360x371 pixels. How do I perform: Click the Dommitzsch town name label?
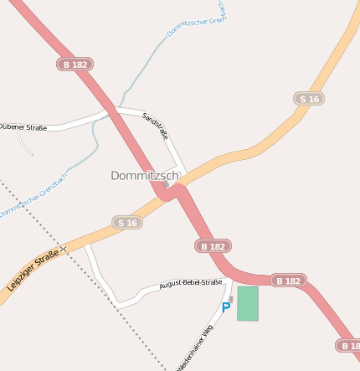145,176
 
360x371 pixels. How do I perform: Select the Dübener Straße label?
23,126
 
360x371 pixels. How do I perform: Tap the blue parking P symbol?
225,308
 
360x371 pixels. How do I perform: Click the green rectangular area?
248,303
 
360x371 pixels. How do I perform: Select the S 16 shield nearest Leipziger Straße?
127,222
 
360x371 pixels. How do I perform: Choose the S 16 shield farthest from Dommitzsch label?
309,99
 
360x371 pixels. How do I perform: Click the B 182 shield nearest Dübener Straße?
75,64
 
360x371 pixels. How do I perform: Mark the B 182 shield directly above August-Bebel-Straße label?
213,246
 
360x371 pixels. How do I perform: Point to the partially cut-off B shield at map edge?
349,345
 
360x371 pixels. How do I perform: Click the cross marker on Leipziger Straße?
64,250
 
